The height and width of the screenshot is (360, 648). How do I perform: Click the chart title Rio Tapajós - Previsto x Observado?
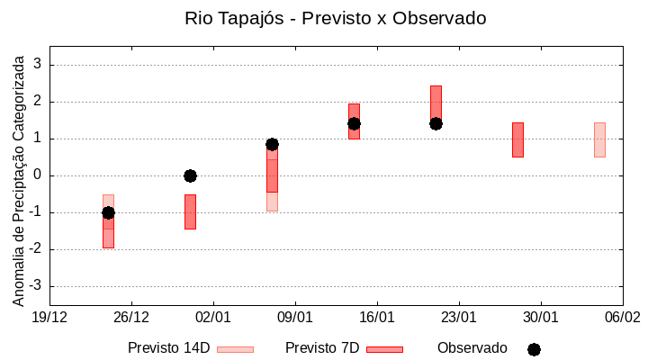[x=323, y=18]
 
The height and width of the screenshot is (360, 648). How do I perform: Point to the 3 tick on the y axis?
[x=38, y=65]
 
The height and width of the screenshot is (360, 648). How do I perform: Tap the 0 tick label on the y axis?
[x=38, y=175]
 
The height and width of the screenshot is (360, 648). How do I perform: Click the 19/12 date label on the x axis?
[x=49, y=317]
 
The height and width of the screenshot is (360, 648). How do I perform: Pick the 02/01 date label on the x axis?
[x=212, y=317]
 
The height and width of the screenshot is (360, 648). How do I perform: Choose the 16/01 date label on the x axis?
[x=376, y=317]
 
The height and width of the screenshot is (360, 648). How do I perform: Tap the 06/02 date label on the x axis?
[x=622, y=317]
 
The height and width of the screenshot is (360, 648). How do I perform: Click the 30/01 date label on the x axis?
[x=540, y=317]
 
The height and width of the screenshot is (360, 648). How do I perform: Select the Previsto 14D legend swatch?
[x=235, y=349]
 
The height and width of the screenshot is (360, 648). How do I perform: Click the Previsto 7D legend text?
[x=322, y=347]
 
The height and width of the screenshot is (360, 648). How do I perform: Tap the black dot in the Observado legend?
[x=534, y=349]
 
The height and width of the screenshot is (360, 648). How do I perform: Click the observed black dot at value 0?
[x=190, y=175]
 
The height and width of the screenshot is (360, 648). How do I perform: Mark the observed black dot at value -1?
[x=108, y=212]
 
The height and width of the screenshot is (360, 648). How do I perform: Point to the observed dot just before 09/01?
[x=272, y=144]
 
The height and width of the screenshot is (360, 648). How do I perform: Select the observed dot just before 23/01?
[x=436, y=123]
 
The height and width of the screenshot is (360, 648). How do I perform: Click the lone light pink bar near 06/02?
[x=599, y=139]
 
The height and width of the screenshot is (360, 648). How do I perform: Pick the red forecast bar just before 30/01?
[x=517, y=139]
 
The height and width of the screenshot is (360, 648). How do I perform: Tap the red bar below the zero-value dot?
[x=190, y=211]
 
